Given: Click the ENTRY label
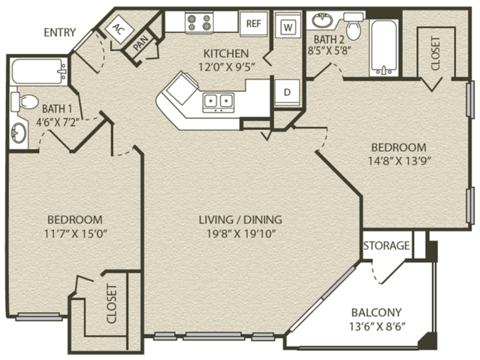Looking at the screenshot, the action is tap(59, 32).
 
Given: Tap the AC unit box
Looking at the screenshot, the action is tap(119, 29).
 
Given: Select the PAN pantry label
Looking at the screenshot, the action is tap(140, 44).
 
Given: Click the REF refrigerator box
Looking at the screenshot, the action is tap(254, 23).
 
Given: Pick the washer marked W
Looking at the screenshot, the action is tap(288, 27).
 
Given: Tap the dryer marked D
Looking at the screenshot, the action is tap(287, 92).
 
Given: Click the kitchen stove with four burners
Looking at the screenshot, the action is tap(199, 23).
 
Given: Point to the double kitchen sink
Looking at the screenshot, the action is tap(219, 102).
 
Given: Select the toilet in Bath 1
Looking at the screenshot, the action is tap(25, 101).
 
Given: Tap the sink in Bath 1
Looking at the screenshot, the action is tap(18, 132).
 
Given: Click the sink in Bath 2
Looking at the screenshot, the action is tap(322, 20).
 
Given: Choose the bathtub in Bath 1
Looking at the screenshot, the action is tap(39, 71).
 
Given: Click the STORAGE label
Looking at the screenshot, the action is tap(386, 246).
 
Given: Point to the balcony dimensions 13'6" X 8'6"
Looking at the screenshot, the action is tap(377, 327).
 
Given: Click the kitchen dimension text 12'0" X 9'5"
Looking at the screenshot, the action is tap(227, 66).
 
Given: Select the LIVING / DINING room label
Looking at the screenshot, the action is tap(240, 219).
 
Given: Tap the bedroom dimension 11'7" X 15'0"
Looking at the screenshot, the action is tap(75, 234).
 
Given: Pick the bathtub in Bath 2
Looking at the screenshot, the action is tap(384, 48).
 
